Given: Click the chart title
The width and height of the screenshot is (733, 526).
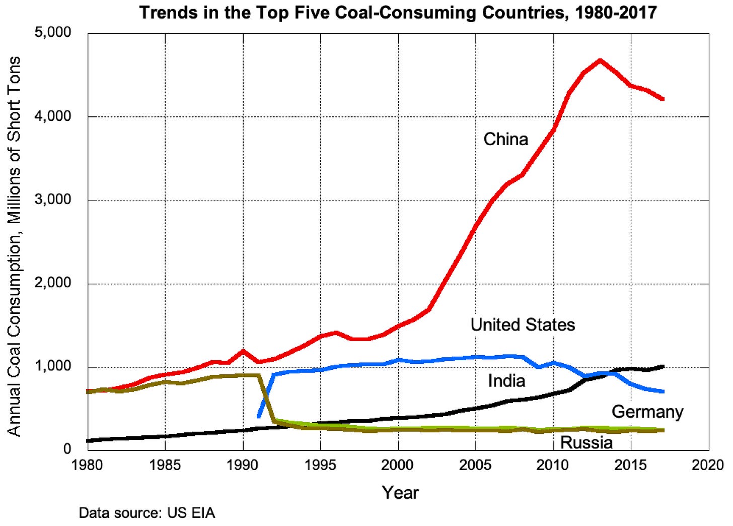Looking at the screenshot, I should (398, 12).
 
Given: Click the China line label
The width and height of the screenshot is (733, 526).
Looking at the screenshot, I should (505, 139).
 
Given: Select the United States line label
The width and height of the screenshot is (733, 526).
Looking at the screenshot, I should (523, 324).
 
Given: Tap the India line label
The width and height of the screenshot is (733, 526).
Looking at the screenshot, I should (506, 380).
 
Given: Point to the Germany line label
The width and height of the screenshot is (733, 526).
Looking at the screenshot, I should (647, 412).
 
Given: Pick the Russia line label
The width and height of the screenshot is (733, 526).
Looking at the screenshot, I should (587, 443).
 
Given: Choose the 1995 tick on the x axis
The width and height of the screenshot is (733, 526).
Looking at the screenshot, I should (321, 465).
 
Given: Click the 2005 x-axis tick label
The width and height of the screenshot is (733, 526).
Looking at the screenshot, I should (476, 465).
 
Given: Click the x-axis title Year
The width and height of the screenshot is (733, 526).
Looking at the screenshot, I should (400, 492).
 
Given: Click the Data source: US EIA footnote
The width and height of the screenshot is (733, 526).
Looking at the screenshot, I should (147, 513).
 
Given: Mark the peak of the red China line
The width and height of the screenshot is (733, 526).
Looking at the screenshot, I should (600, 60).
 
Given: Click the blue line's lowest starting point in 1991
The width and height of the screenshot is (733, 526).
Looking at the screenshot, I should (259, 416).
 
